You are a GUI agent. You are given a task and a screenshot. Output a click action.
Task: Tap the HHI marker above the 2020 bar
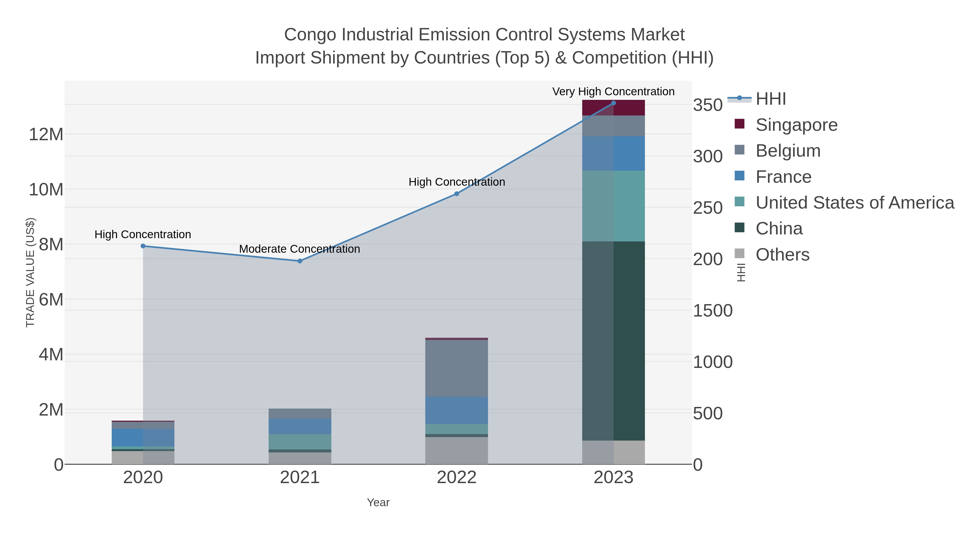coord(143,246)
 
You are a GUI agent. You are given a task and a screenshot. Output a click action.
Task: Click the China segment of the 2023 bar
coord(613,340)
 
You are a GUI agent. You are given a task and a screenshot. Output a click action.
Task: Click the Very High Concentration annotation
coord(613,92)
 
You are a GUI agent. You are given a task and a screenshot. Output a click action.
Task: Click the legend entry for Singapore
coord(796,125)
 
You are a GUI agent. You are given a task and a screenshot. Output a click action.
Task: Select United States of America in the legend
coord(855,203)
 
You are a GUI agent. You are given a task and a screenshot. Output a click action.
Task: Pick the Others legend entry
coord(782,255)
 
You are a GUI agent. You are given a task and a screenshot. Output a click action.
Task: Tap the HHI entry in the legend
coord(771,99)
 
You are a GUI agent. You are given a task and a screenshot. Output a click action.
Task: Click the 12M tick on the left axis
coord(46,134)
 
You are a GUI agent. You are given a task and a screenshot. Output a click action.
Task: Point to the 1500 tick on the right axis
coord(712,311)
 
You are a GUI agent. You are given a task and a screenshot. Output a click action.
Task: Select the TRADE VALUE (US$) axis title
coord(30,272)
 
